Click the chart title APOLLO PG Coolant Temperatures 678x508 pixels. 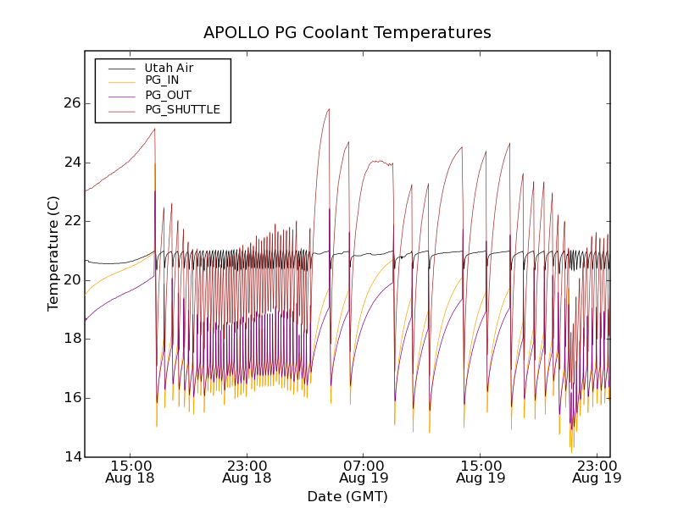point(347,33)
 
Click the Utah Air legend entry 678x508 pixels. point(169,68)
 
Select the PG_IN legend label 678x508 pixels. point(162,80)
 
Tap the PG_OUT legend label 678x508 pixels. point(168,95)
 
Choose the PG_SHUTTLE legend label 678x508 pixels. point(182,109)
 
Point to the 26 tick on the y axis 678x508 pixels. point(72,103)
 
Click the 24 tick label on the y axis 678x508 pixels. point(72,163)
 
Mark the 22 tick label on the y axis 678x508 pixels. point(72,221)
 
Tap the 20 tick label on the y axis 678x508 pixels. point(72,280)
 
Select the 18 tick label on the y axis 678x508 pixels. point(72,339)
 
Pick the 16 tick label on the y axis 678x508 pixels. point(72,398)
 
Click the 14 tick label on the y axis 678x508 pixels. point(72,457)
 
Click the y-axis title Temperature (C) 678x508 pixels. point(53,253)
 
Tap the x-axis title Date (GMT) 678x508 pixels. point(347,496)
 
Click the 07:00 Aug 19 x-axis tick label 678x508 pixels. point(364,471)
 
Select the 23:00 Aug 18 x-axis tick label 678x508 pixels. point(247,471)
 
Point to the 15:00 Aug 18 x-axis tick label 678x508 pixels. point(131,471)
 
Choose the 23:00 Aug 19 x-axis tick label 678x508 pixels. point(597,471)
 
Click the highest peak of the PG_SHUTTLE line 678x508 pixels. point(329,108)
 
